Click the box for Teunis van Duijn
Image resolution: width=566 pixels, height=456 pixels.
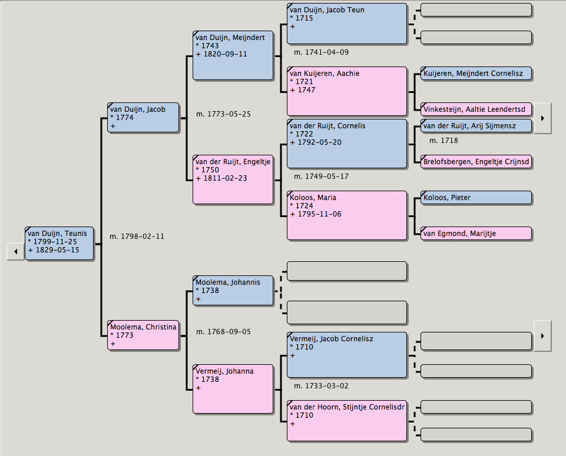[x=59, y=242]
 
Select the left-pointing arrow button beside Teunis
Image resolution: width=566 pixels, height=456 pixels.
[x=15, y=252]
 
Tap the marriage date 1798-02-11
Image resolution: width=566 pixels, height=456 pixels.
[x=137, y=237]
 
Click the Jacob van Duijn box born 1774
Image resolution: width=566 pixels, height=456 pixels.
[x=143, y=118]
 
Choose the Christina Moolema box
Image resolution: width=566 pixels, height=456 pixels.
[x=143, y=335]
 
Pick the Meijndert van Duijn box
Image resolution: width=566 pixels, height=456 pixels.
[x=233, y=55]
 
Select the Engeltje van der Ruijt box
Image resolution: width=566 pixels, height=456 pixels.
[x=233, y=179]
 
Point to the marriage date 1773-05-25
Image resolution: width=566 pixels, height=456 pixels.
[x=223, y=114]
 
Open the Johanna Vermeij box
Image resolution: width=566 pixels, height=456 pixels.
[x=233, y=388]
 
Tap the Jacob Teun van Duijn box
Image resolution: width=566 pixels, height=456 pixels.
[x=347, y=24]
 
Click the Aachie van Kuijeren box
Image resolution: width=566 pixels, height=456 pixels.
[x=347, y=91]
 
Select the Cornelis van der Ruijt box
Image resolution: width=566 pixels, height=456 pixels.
[x=347, y=144]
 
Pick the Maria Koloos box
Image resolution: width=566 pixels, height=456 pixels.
[x=347, y=215]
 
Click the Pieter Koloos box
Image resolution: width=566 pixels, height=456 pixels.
[x=476, y=198]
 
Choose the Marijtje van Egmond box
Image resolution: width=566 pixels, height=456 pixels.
[x=476, y=234]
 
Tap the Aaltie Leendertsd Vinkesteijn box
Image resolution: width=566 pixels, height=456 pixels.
[x=476, y=109]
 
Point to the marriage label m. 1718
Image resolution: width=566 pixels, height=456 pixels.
[x=443, y=141]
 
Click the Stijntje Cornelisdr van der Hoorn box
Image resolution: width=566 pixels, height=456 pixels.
[x=347, y=421]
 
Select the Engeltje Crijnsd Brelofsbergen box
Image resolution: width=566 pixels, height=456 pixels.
[x=476, y=162]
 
